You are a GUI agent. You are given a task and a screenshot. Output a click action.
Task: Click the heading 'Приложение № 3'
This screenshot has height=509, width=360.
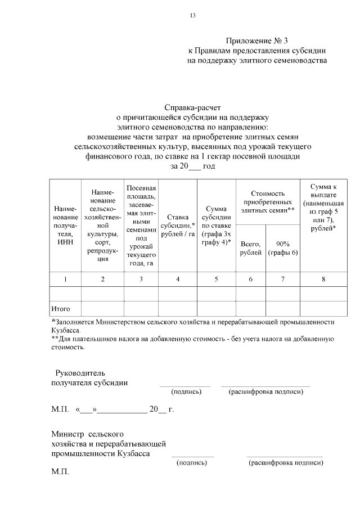[x=256, y=40]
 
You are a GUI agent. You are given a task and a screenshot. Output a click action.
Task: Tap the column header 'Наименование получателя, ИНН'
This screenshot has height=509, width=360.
[x=65, y=225]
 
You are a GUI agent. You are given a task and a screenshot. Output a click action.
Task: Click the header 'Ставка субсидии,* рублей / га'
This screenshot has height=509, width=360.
[x=178, y=225]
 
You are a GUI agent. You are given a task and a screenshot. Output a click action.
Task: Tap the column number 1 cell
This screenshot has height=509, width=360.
[x=65, y=279]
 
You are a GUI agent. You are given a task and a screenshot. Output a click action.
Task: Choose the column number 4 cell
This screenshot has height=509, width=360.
[x=178, y=279]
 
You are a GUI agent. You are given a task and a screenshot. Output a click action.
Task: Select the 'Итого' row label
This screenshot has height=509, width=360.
[x=60, y=309]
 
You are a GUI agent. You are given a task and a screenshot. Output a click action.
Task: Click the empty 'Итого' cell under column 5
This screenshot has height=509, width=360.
[x=216, y=309]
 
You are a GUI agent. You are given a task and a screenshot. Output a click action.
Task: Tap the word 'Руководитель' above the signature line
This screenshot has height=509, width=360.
[x=79, y=373]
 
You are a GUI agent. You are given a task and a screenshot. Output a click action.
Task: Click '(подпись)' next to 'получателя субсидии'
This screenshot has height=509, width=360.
[x=186, y=391]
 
